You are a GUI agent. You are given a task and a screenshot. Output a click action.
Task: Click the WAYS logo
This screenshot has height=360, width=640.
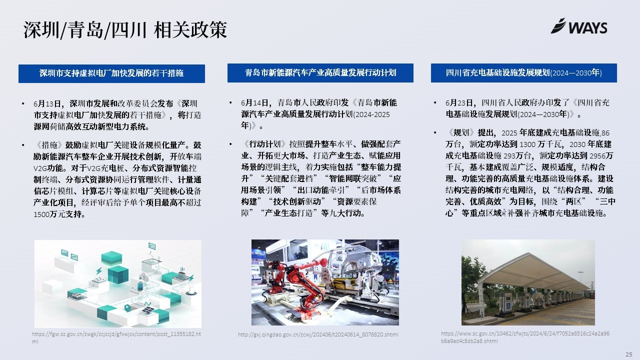point(579,26)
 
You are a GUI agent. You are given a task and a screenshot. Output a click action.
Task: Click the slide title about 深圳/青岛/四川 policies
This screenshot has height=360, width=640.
point(125,29)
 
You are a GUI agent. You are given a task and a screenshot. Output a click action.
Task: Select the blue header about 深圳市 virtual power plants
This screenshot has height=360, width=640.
point(111,73)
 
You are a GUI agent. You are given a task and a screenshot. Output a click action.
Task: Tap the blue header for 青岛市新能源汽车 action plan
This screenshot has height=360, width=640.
point(320,73)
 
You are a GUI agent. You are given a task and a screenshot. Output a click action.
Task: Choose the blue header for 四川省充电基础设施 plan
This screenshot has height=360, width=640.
point(523,73)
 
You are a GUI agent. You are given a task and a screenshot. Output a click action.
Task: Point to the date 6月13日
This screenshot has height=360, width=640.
point(47,103)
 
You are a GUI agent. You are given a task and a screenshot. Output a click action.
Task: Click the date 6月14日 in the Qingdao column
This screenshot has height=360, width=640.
point(255,103)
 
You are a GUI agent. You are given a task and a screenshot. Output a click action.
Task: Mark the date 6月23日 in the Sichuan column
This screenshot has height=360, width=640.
point(459,103)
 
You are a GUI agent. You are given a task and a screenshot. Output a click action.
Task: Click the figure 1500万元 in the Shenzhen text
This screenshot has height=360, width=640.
point(49,214)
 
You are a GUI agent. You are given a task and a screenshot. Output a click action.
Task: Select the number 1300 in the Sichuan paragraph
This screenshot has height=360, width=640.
point(527,144)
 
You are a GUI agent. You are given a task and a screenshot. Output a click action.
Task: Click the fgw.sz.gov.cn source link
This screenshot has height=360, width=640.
point(116,337)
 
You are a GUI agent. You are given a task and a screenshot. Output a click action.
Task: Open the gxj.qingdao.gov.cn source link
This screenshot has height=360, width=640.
point(318,334)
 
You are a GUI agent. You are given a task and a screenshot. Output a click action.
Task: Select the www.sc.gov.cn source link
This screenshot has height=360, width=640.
point(525,337)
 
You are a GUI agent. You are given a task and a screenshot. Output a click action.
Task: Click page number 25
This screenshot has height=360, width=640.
point(628,354)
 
